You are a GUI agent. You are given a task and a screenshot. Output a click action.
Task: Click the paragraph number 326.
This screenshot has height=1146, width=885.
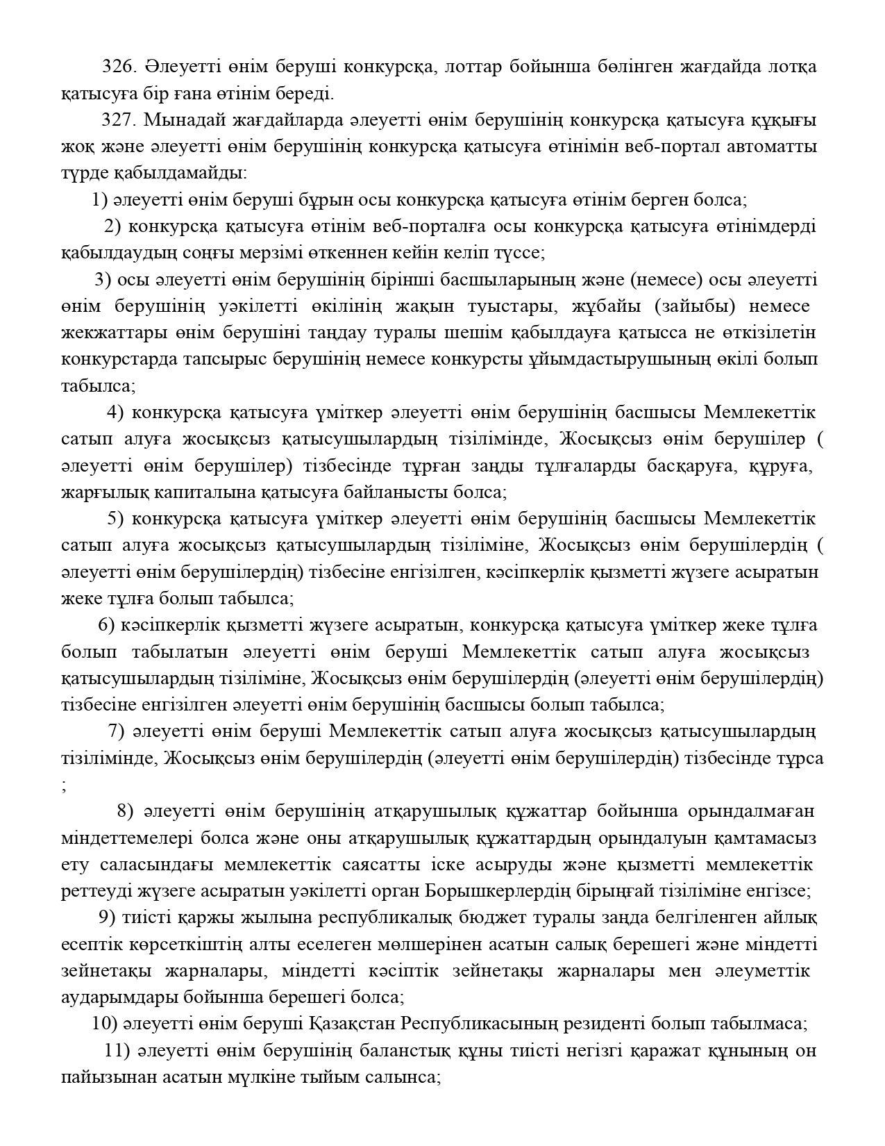pyautogui.click(x=119, y=67)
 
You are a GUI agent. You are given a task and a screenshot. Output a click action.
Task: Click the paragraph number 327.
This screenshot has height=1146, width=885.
pyautogui.click(x=119, y=120)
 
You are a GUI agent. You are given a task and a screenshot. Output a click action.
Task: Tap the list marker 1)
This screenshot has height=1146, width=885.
pyautogui.click(x=99, y=200)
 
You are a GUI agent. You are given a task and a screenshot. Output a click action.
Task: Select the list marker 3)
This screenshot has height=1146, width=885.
pyautogui.click(x=103, y=280)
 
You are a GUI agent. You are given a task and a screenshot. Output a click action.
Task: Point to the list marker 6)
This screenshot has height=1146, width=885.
pyautogui.click(x=106, y=625)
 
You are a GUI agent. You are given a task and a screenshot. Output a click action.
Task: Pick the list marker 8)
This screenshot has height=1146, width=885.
pyautogui.click(x=125, y=811)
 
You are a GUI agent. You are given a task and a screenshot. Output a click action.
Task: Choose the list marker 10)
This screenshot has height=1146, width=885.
pyautogui.click(x=103, y=1024)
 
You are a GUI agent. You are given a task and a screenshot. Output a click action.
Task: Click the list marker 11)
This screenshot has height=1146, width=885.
pyautogui.click(x=117, y=1050)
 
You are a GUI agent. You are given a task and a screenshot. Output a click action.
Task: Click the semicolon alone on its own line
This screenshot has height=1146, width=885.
pyautogui.click(x=64, y=786)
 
